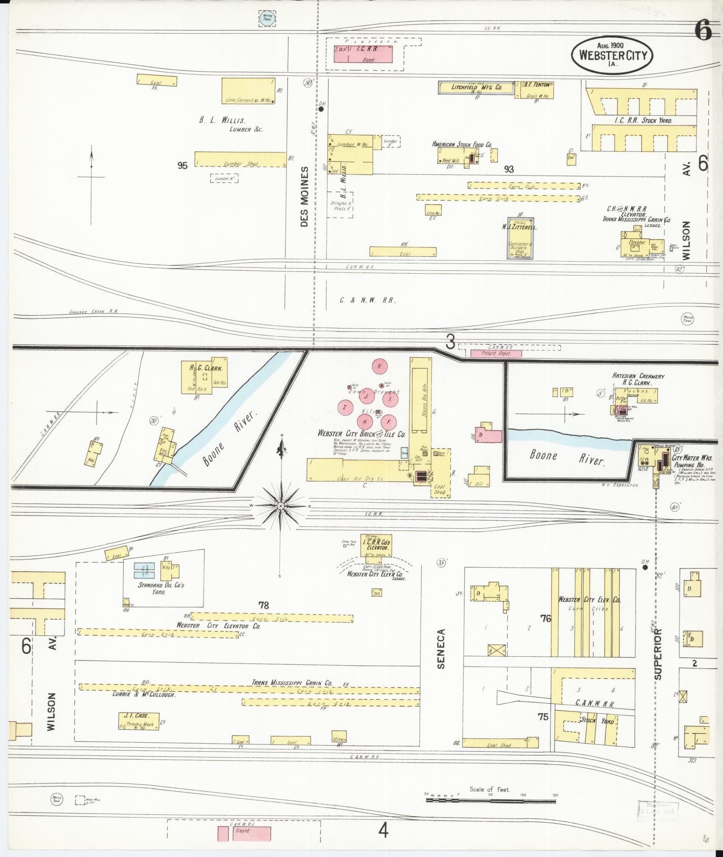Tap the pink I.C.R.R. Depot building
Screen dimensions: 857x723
[363, 53]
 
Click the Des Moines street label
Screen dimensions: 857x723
[305, 196]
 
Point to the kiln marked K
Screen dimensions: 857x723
[379, 366]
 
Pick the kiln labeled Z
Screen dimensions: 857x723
[345, 407]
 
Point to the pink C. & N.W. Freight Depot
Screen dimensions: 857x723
[496, 353]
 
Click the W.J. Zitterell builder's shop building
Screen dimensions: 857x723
[520, 238]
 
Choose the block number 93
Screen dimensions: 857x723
[508, 169]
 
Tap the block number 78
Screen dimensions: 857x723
[263, 605]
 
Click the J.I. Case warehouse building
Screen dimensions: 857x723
[139, 721]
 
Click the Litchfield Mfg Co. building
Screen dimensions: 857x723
[476, 88]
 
